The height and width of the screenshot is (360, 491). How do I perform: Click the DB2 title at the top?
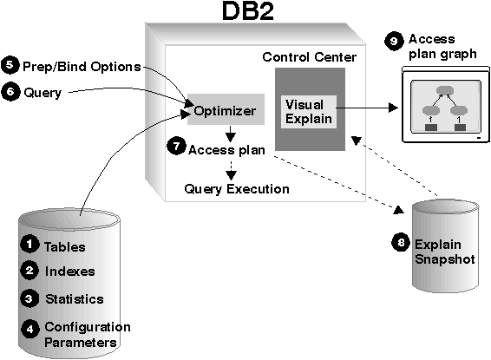click(x=248, y=11)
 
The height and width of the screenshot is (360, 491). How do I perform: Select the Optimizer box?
click(x=226, y=109)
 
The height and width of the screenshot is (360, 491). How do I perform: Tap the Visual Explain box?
click(x=309, y=112)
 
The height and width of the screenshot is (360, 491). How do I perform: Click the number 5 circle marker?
click(x=10, y=65)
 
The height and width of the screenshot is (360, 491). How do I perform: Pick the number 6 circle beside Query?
click(x=10, y=92)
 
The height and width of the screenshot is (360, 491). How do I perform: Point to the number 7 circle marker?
click(x=176, y=146)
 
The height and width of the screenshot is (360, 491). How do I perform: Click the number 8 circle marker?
click(x=401, y=242)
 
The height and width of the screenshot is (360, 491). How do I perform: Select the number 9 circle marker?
click(x=394, y=41)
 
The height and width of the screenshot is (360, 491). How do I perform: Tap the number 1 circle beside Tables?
click(x=29, y=244)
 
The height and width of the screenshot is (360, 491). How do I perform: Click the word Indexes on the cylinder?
click(x=69, y=272)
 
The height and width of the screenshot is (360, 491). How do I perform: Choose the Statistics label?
click(x=75, y=299)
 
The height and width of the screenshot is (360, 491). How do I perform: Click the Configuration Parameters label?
click(x=88, y=335)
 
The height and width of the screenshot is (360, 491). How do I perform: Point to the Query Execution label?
click(x=237, y=189)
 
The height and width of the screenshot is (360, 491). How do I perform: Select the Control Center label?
click(x=310, y=57)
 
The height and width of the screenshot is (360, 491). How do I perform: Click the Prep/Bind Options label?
click(x=82, y=67)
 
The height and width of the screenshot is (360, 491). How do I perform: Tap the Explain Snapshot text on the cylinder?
click(x=445, y=252)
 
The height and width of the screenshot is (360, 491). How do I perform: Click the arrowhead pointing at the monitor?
click(x=393, y=108)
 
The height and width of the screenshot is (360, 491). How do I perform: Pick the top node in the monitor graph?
click(x=445, y=90)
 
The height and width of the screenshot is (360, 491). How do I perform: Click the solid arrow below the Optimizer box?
click(x=231, y=134)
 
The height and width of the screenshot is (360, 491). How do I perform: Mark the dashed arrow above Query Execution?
click(x=231, y=171)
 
